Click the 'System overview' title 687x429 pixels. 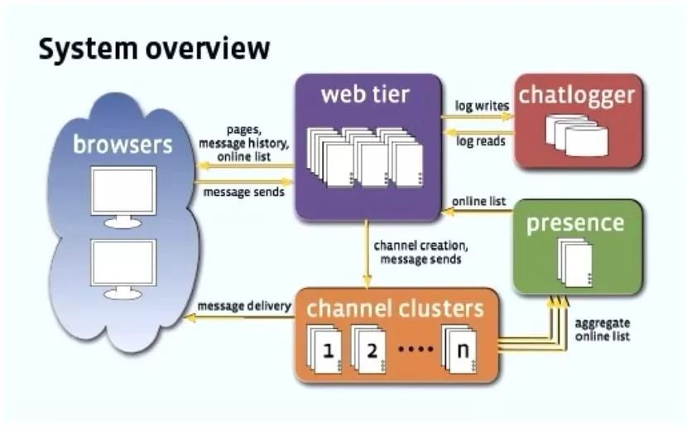pos(154,50)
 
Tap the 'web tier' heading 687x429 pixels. pos(365,94)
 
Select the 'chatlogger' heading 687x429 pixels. pos(577,95)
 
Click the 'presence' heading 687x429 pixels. pos(575,223)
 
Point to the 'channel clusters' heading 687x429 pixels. pos(395,309)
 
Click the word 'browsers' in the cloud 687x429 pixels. pos(123,145)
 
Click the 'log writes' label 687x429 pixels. pos(482,107)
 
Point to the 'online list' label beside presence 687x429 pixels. pos(479,202)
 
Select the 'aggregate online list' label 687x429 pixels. pos(602,328)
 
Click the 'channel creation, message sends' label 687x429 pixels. pos(415,252)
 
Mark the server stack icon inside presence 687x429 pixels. pos(575,262)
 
